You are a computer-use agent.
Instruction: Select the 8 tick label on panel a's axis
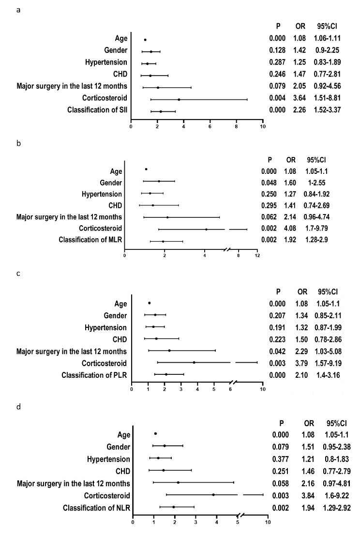[x=236, y=127]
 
